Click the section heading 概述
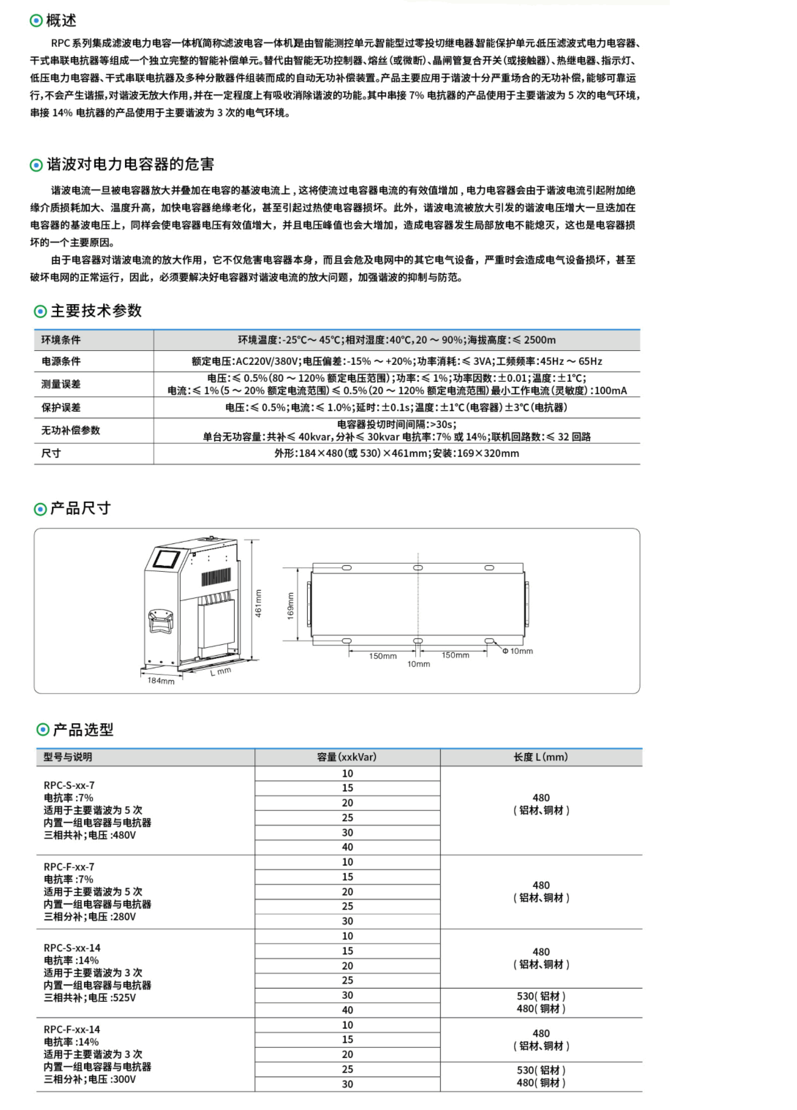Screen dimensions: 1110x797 tap(61, 20)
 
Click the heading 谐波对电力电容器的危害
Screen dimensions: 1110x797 tap(130, 165)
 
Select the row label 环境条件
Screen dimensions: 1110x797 tap(61, 340)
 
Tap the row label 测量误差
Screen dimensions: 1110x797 tap(61, 384)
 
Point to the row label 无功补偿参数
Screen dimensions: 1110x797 tap(71, 430)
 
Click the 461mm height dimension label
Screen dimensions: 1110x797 tap(258, 603)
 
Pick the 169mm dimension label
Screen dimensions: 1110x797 tap(290, 605)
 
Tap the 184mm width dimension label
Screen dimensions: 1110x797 tap(161, 681)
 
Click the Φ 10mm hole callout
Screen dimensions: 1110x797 tap(518, 651)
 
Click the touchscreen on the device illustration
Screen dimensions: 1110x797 tap(166, 559)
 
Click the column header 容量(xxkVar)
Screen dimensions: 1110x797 tap(347, 757)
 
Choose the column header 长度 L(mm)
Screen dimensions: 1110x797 tap(541, 757)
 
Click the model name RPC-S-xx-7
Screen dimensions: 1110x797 tap(69, 785)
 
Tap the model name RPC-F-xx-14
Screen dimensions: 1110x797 tap(72, 1029)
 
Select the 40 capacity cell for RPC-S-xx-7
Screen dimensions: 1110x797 tap(347, 847)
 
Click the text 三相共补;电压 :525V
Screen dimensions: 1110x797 tap(90, 997)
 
